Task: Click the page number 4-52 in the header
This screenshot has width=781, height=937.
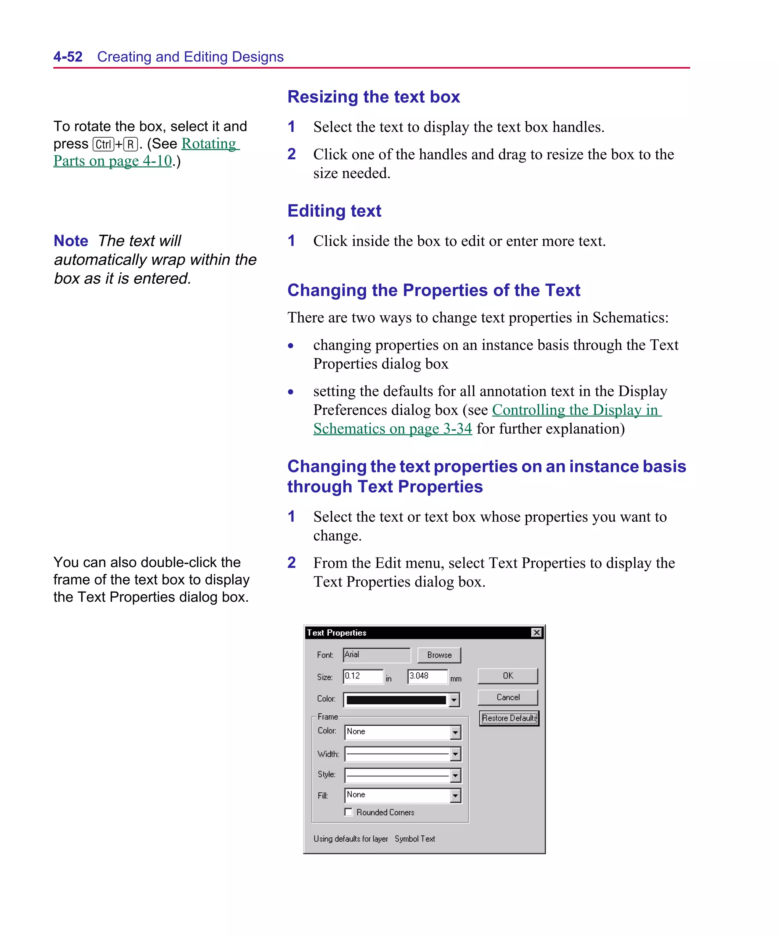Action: [x=68, y=57]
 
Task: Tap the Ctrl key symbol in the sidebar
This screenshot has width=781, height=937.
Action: [x=103, y=144]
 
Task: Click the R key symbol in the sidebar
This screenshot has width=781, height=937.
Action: [x=130, y=144]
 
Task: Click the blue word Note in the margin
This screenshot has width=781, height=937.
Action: [x=71, y=241]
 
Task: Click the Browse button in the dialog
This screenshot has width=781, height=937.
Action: [x=439, y=655]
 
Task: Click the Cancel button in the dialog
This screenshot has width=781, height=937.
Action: [x=508, y=698]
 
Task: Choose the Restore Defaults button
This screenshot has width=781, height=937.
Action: [x=509, y=718]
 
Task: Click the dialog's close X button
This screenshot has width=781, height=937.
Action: [x=537, y=632]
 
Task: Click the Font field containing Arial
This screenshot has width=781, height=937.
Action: [x=376, y=654]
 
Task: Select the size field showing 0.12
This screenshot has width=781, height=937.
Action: [x=362, y=676]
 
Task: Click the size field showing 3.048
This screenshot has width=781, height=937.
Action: [x=427, y=676]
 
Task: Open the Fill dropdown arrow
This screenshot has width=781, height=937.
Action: [x=455, y=796]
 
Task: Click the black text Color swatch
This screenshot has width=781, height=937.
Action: [x=396, y=700]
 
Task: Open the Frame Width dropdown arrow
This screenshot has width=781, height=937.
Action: [x=455, y=754]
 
